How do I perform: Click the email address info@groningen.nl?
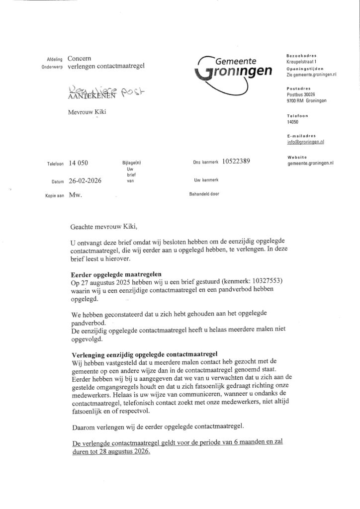tap(305, 142)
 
